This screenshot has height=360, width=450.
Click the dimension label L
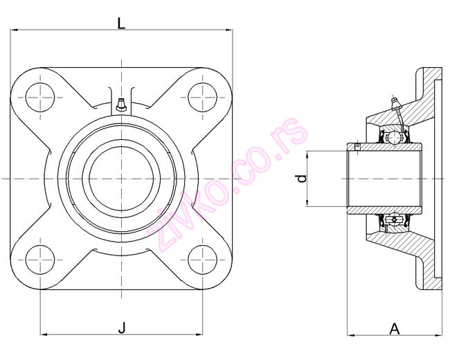[x=121, y=22]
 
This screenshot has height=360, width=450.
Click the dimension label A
[x=395, y=328]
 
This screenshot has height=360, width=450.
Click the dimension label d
[x=300, y=179]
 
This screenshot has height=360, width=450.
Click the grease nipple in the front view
[x=121, y=105]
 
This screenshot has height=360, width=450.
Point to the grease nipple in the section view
[x=397, y=106]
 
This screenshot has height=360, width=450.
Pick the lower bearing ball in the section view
[x=393, y=219]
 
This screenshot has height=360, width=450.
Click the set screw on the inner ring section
[x=357, y=146]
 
